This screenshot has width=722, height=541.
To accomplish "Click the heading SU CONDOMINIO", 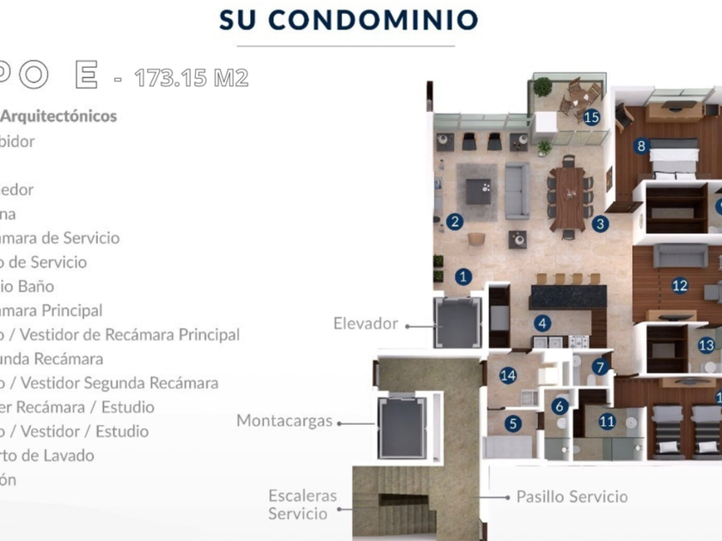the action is pos(348,20).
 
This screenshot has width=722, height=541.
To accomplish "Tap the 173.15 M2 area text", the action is pos(192,79).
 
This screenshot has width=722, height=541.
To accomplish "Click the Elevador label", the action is pos(365,324).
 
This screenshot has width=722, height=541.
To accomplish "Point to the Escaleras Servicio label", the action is pos(302,505).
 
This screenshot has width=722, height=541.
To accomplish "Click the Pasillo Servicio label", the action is pos(572,496).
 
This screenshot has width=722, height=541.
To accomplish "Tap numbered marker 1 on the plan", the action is pos(464,277).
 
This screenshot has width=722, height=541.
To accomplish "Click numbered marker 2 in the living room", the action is pos(455,222).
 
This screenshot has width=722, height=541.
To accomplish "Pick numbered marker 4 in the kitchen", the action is pos(541,324).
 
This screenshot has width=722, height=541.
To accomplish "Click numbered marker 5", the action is pos(513,422).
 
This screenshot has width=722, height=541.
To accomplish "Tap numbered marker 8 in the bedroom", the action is pos(641,146).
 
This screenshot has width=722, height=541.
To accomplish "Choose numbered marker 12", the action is pos(680,286).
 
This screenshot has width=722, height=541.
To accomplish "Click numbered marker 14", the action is pos(508,374).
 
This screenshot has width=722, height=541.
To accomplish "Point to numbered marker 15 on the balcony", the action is pos(590,118).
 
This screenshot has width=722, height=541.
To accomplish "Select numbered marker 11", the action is pos(608,421).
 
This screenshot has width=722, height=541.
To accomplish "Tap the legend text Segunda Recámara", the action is pos(52,359).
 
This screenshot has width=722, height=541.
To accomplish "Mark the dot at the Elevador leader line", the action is pos(407,325).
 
